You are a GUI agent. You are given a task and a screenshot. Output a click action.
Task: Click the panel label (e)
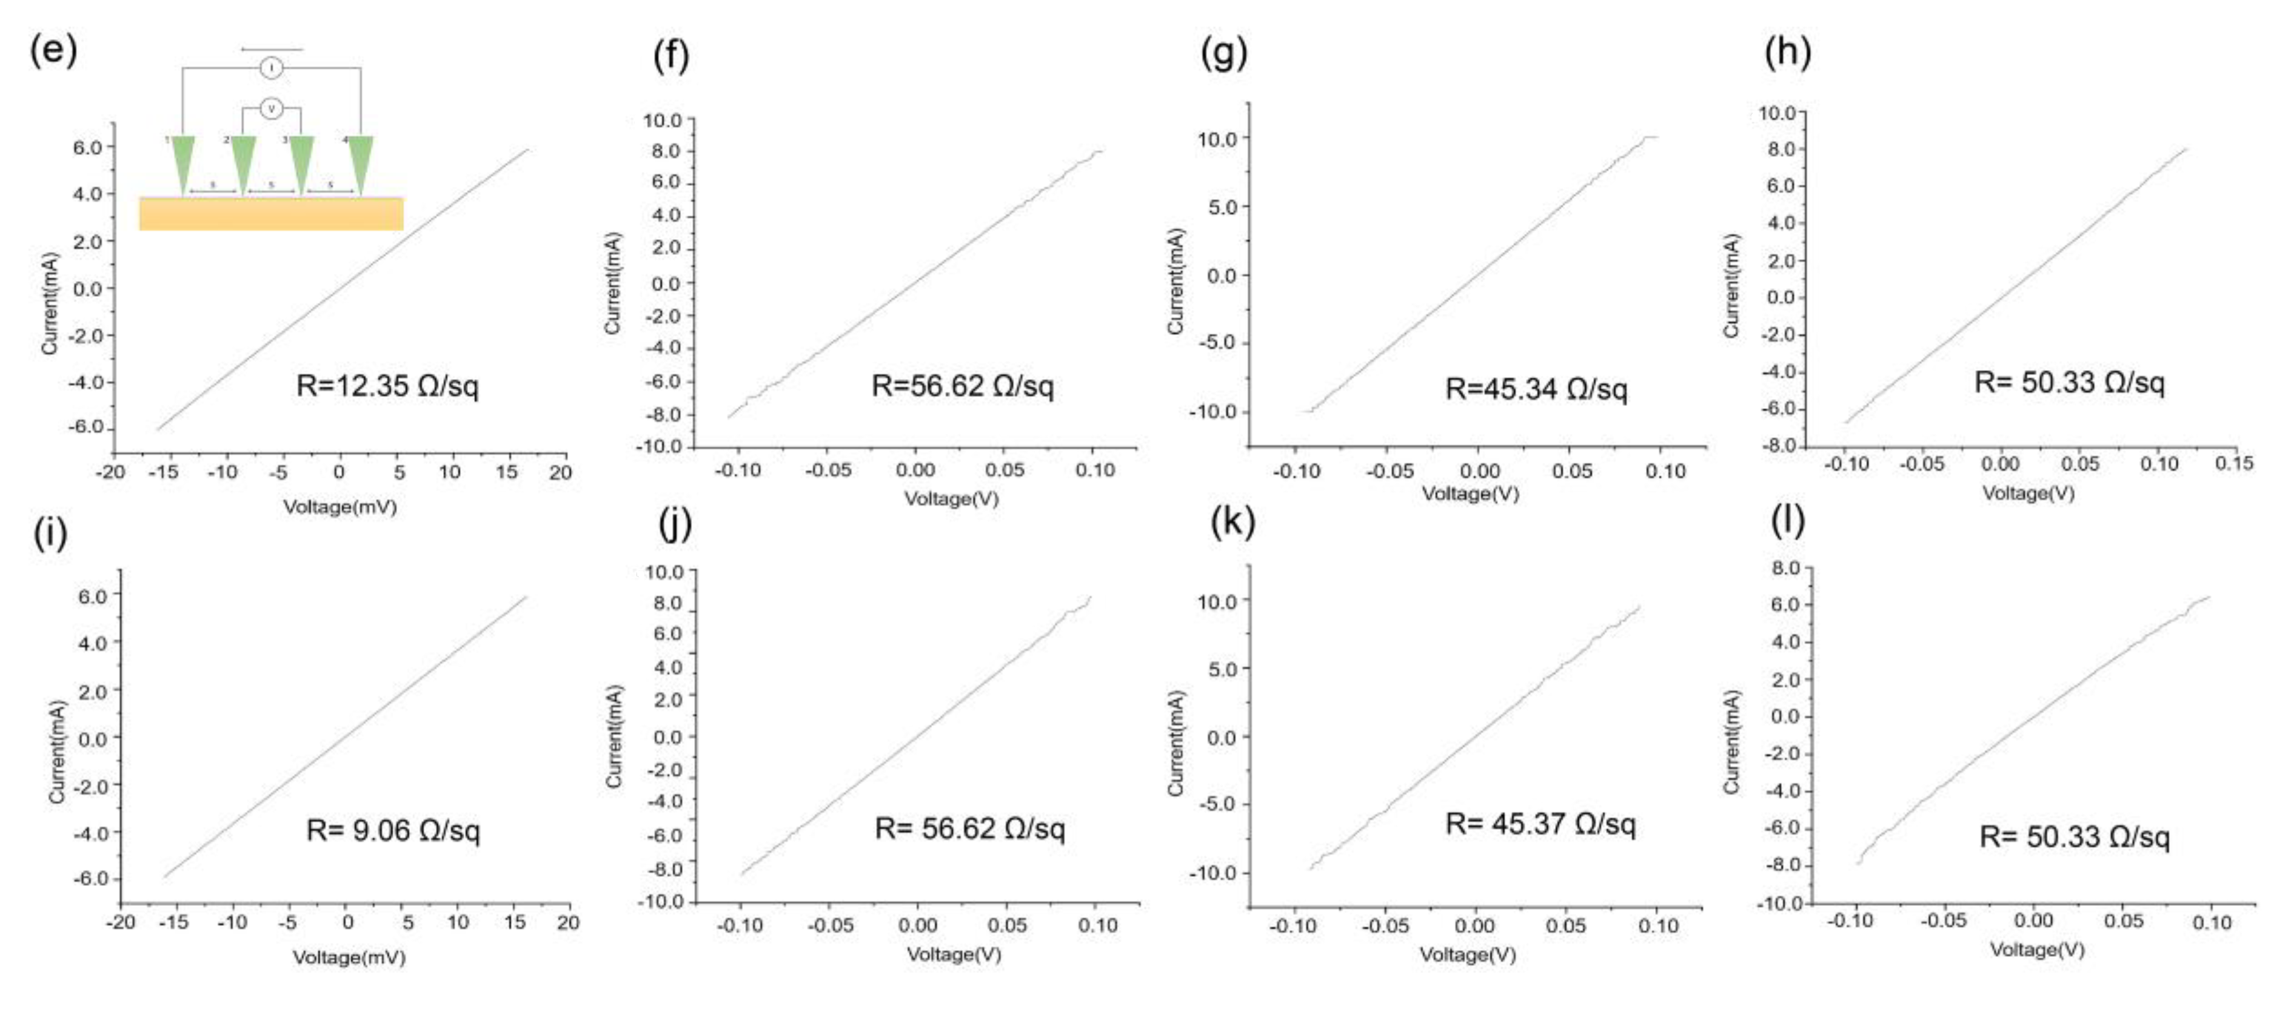click(x=53, y=51)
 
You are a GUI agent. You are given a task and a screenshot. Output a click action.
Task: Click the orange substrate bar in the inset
click(x=271, y=214)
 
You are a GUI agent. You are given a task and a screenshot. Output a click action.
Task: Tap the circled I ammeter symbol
click(x=271, y=68)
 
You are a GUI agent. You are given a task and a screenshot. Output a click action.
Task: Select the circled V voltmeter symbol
click(x=271, y=110)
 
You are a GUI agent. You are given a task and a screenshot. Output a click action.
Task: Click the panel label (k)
click(x=1232, y=521)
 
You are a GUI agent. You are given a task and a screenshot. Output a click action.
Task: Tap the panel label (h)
click(x=1788, y=53)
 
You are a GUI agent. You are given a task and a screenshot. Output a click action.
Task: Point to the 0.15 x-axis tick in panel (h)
click(x=2233, y=463)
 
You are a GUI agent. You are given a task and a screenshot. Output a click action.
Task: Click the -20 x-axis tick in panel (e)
click(x=110, y=472)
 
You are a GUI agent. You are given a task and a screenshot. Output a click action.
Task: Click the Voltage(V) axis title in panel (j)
click(x=954, y=954)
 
